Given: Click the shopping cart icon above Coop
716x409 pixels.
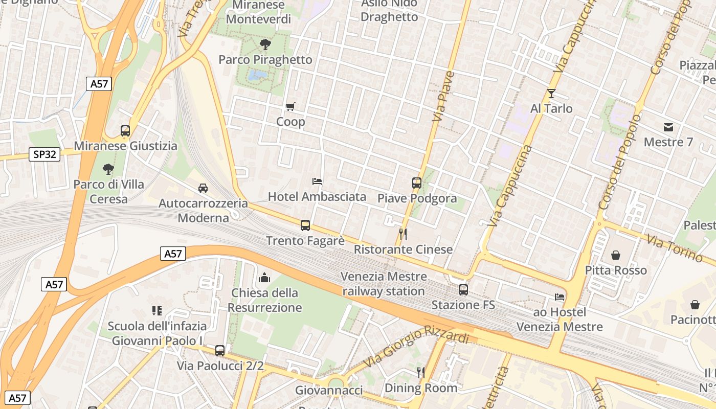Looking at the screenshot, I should pyautogui.click(x=290, y=107).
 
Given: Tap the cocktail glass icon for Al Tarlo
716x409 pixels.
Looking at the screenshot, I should pyautogui.click(x=551, y=94).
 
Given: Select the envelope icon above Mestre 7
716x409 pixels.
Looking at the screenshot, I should pyautogui.click(x=668, y=127).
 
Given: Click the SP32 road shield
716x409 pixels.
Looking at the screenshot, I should pyautogui.click(x=44, y=154).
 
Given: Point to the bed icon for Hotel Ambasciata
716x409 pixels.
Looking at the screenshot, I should pyautogui.click(x=317, y=181).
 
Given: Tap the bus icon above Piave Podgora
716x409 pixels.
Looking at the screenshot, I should pyautogui.click(x=417, y=183).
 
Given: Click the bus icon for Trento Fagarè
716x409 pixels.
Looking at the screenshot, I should pyautogui.click(x=305, y=225).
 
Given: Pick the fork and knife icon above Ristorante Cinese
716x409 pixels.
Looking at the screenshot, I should pyautogui.click(x=403, y=234).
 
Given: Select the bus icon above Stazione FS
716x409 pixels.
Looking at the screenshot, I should pyautogui.click(x=463, y=290).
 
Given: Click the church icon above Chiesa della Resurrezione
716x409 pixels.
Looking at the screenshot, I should pyautogui.click(x=264, y=278).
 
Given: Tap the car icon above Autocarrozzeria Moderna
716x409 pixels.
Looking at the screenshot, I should pyautogui.click(x=203, y=188).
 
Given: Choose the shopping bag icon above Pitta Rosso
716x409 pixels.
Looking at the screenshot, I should pyautogui.click(x=616, y=255).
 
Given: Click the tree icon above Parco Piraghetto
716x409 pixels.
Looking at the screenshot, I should pyautogui.click(x=265, y=44).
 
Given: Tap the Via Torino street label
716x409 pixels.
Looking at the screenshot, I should pyautogui.click(x=674, y=248).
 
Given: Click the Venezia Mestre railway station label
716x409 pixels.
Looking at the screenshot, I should pyautogui.click(x=384, y=284).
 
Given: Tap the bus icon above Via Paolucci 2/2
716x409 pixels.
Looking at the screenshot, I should pyautogui.click(x=220, y=351).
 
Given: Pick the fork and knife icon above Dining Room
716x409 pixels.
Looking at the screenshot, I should pyautogui.click(x=421, y=372).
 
